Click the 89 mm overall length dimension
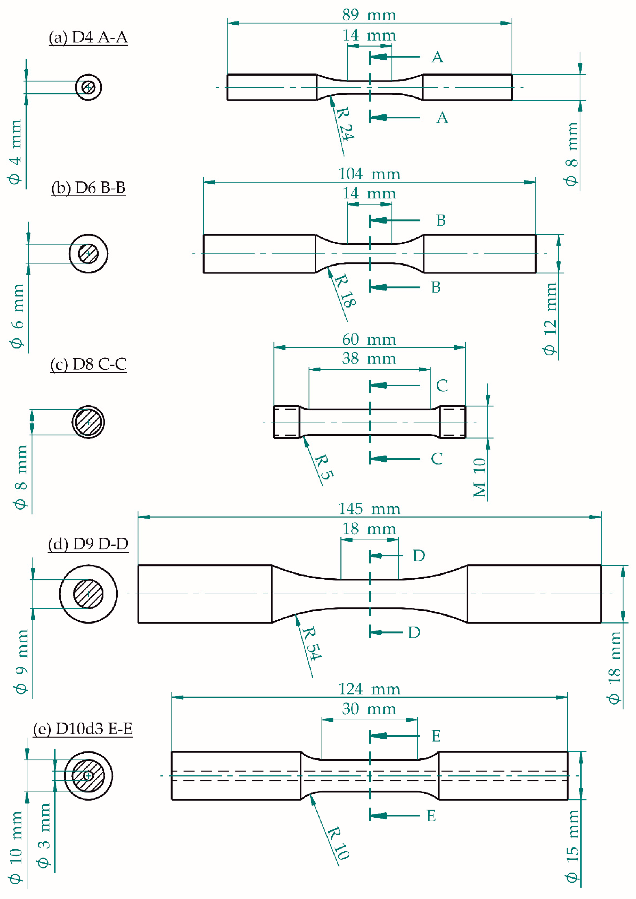pos(369,15)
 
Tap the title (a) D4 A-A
pos(88,37)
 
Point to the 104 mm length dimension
pos(369,174)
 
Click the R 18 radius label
pos(345,291)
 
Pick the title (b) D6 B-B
pos(88,188)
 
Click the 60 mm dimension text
pos(369,339)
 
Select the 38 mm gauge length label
pos(369,358)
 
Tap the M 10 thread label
pos(479,477)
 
